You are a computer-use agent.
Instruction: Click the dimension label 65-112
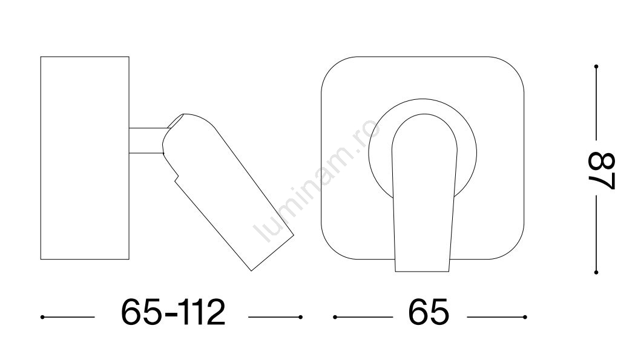[173, 312]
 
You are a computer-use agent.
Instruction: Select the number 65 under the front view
[429, 312]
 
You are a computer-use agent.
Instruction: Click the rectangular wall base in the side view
[85, 158]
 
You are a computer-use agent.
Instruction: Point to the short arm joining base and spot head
[146, 141]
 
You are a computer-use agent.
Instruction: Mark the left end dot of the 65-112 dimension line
[42, 317]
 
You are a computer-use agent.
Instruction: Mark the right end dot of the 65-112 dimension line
[300, 317]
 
